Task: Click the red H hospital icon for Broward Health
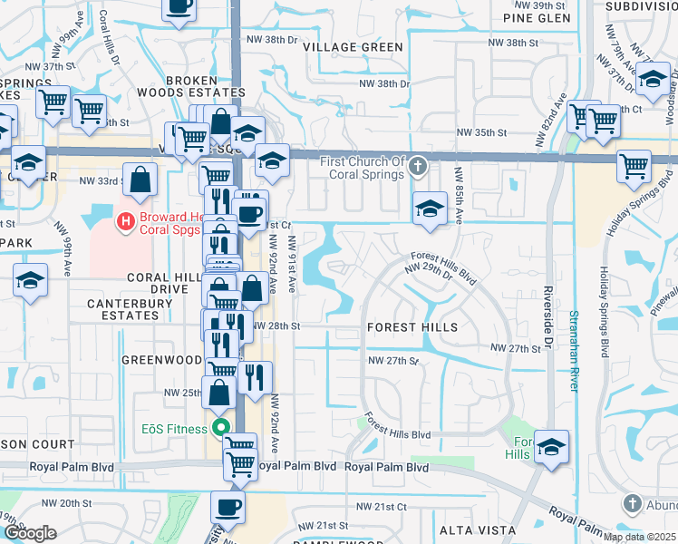click(x=128, y=219)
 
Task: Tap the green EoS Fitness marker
click(x=219, y=428)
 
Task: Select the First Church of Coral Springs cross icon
click(x=417, y=166)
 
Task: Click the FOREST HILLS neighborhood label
click(x=412, y=326)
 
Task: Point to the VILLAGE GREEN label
click(x=354, y=47)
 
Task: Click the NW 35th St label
click(x=504, y=132)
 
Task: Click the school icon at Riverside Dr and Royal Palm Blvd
click(x=551, y=447)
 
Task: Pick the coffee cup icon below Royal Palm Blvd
click(x=228, y=506)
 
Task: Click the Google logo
click(x=30, y=533)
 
